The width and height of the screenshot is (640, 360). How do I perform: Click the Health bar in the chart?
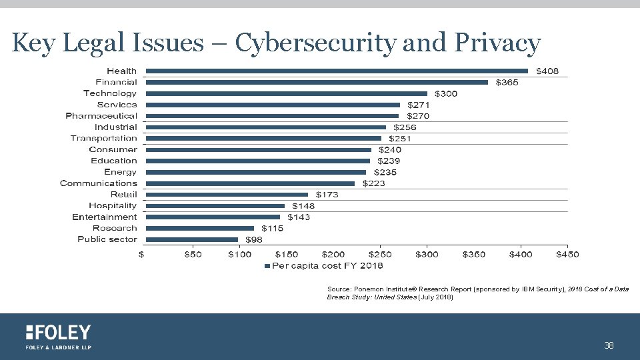(337, 71)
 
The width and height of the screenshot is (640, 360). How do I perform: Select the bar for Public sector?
(192, 239)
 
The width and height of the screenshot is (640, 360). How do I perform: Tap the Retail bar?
(227, 195)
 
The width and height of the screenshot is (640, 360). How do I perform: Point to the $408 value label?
(548, 71)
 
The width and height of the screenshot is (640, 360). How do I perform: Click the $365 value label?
(507, 82)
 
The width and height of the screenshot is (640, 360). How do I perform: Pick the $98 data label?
(254, 239)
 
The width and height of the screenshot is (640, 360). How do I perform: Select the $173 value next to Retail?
(327, 195)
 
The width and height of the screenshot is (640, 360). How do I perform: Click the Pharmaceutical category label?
(101, 116)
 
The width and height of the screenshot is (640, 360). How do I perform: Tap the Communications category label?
(99, 183)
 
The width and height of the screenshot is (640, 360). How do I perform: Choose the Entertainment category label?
(105, 217)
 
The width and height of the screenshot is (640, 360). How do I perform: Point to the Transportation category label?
(104, 138)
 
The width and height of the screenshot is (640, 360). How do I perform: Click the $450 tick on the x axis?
(567, 254)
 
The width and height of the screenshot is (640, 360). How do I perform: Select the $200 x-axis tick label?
(333, 254)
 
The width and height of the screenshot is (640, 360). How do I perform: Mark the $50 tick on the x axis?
(193, 254)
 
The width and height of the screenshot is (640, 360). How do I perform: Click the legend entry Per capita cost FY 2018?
(325, 266)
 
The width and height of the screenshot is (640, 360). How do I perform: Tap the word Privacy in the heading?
(497, 43)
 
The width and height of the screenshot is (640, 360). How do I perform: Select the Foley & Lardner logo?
(58, 337)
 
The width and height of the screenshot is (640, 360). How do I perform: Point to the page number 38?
(608, 345)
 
